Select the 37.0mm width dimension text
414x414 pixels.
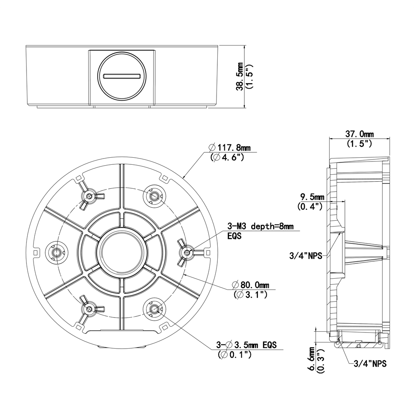(x=359, y=134)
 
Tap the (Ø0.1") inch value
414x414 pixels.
(x=234, y=354)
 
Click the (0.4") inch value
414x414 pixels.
(x=310, y=206)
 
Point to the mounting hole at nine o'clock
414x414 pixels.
(x=55, y=251)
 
